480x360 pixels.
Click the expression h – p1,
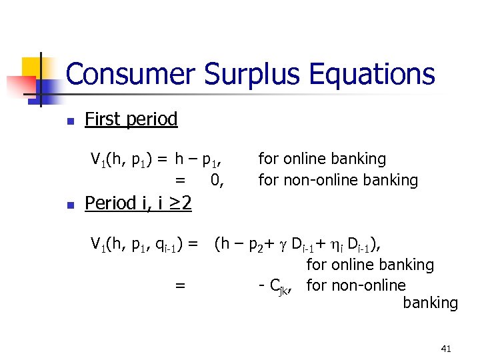[x=198, y=159]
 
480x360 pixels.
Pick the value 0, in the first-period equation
[x=217, y=180]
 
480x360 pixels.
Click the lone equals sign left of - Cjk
[x=179, y=286]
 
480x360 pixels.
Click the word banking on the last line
[x=430, y=303]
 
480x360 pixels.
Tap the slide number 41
[x=446, y=349]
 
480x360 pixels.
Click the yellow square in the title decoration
[x=33, y=66]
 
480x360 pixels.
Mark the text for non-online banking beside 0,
[x=338, y=180]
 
